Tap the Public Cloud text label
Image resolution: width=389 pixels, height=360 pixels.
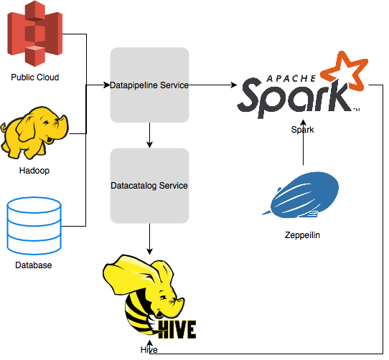point(35,77)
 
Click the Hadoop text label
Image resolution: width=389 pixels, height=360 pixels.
point(34,171)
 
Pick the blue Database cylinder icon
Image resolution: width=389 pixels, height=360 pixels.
point(34,226)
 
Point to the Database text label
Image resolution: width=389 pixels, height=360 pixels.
point(34,266)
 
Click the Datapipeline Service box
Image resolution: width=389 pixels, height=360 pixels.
point(149,85)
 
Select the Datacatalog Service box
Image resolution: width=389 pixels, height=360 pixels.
point(149,186)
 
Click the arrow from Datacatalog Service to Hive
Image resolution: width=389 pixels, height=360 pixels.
point(149,239)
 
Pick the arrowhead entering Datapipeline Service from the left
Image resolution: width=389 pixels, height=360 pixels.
point(106,85)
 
